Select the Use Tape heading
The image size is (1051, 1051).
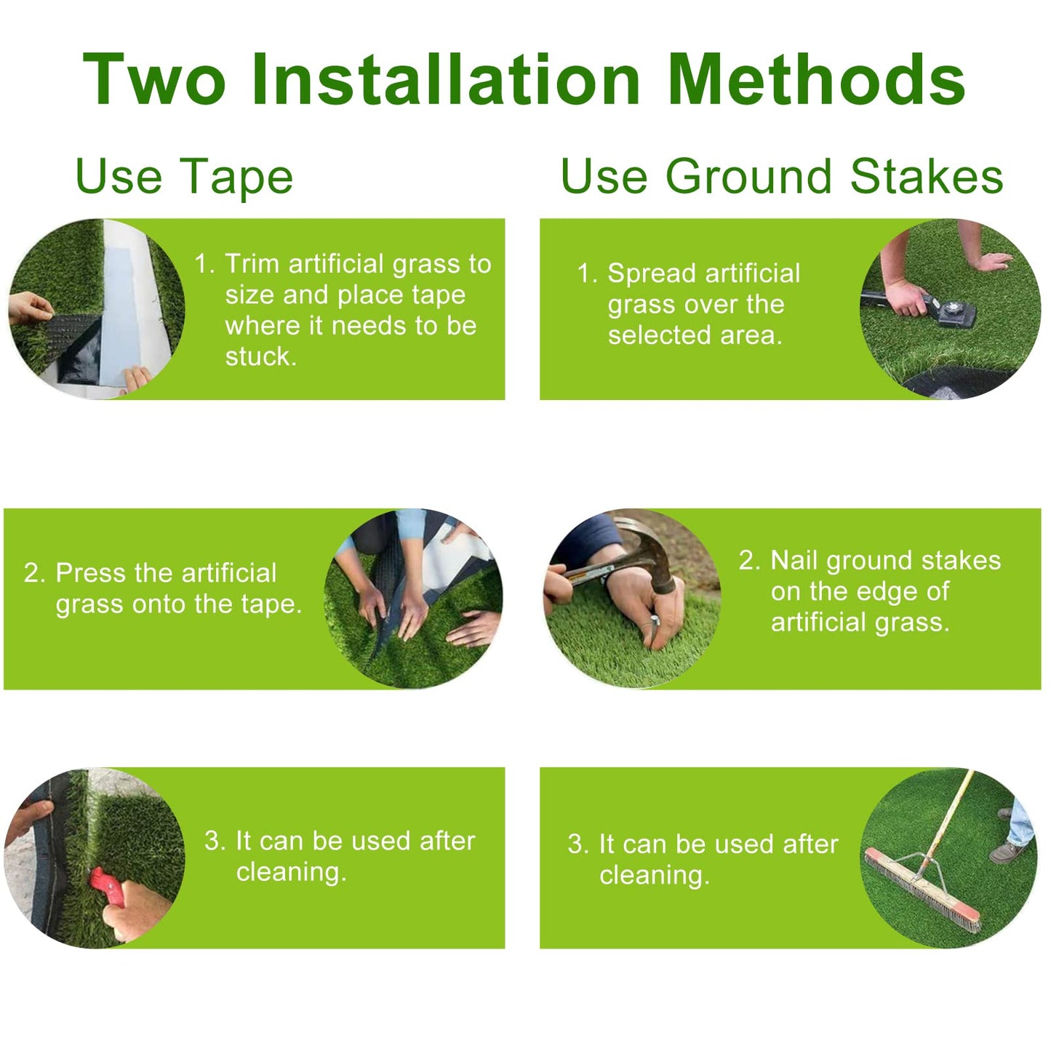184,177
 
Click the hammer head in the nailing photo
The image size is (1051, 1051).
658,553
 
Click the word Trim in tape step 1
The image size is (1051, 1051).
252,264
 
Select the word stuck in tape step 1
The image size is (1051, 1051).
260,356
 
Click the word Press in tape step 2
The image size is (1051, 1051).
89,573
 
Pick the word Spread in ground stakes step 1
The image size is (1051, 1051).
652,273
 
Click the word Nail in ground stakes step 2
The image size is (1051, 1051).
794,561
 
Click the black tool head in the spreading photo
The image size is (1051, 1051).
953,311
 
